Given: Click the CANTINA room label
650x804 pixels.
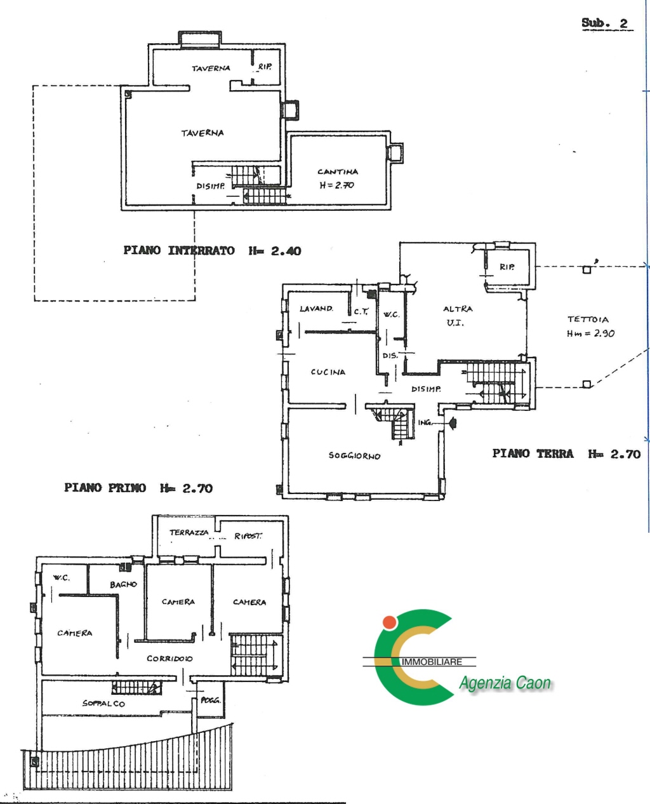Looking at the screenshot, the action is (x=338, y=171).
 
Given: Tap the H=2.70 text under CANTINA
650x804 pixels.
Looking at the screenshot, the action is (x=337, y=185).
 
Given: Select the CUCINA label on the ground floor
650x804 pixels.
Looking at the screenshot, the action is (x=328, y=372).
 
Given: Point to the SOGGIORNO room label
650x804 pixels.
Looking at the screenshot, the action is (x=354, y=455).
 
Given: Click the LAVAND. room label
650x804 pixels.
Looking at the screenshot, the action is (x=316, y=309).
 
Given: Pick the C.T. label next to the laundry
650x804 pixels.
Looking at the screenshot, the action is (x=361, y=312).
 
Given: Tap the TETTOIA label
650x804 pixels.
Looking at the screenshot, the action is (x=588, y=319).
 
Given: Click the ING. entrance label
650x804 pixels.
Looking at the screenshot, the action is (x=425, y=423).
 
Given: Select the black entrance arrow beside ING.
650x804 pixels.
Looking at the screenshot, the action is (x=453, y=422).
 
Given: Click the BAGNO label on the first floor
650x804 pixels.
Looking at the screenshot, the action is (x=123, y=585).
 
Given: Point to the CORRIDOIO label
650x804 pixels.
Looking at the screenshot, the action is (x=169, y=659).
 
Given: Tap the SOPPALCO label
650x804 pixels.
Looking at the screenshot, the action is (x=103, y=704).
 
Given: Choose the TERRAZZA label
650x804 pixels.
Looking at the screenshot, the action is (x=189, y=533).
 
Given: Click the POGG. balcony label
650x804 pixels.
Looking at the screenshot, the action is (x=211, y=700).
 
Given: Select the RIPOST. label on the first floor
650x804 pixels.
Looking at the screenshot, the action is (x=248, y=536).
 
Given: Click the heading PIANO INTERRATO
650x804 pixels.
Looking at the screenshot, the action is (x=179, y=250).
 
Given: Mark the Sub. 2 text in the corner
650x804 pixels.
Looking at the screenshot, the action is (x=604, y=23).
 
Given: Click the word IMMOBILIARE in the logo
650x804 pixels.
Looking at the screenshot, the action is (x=432, y=672).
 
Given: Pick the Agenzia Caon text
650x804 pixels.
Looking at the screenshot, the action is (x=505, y=693).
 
